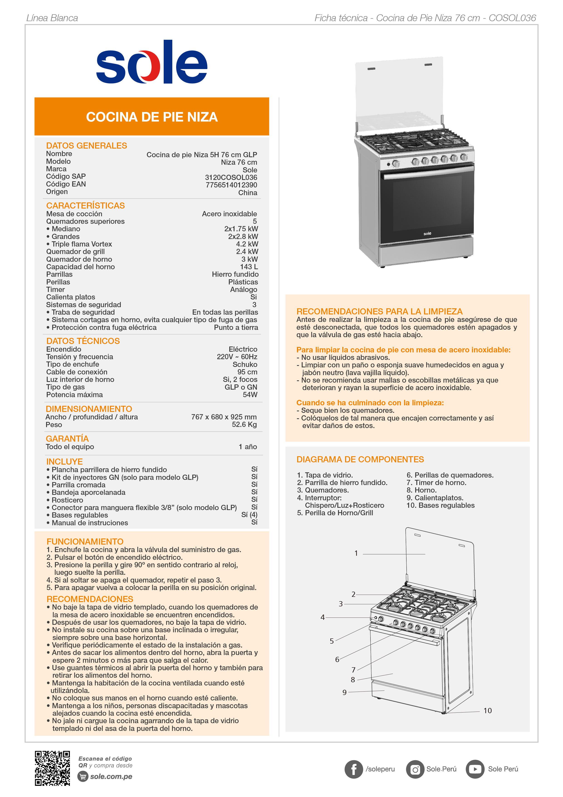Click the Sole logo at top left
pos(152,62)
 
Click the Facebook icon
pos(353,769)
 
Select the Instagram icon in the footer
pos(415,769)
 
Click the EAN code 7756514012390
pos(231,185)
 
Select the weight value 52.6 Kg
pos(244,425)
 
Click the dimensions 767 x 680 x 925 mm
pos(224,417)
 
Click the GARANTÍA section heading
pos(67,439)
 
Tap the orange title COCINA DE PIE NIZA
pos(152,117)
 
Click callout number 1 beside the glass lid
pos(356,553)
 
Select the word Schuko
pos(245,364)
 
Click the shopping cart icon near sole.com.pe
pos(83,776)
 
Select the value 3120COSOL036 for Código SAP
pos(231,177)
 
